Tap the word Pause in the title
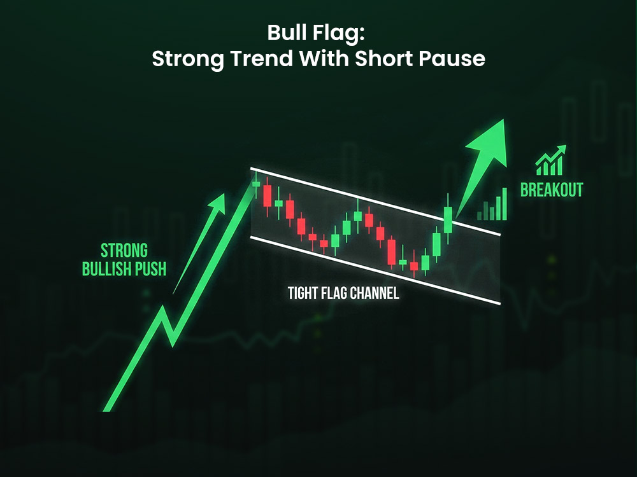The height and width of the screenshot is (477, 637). point(455,59)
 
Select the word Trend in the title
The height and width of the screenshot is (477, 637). point(264,59)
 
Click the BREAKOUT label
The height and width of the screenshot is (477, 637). point(552,190)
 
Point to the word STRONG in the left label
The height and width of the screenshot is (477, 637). point(124,249)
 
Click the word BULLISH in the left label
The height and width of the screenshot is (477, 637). point(108,269)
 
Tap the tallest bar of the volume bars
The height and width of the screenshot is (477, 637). point(504,203)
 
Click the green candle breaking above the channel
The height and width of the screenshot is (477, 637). point(448,219)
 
